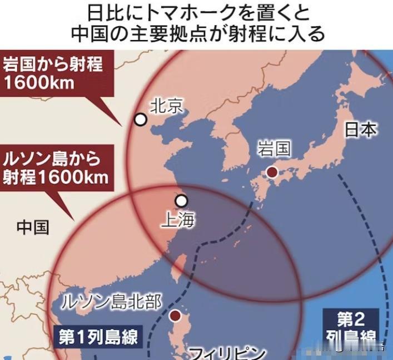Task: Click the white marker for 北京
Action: pos(141,120)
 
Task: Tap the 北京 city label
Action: pos(167,106)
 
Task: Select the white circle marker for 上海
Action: pos(181,201)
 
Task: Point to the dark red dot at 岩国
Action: pos(272,172)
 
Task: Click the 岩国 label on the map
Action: pos(275,149)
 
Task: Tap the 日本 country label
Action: pos(361,130)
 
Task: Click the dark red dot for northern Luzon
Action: pos(176,316)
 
